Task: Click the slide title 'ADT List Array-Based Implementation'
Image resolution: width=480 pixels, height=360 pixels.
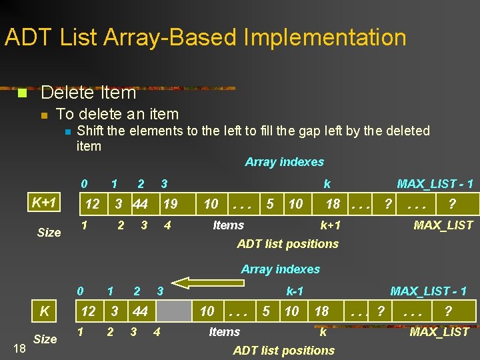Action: pyautogui.click(x=205, y=37)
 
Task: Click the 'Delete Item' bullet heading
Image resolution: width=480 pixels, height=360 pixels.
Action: pyautogui.click(x=89, y=93)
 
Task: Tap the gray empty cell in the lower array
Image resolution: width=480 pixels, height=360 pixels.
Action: pyautogui.click(x=173, y=311)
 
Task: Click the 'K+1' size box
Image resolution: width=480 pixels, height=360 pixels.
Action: pyautogui.click(x=45, y=202)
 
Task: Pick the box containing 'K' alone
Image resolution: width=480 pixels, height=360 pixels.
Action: pyautogui.click(x=45, y=311)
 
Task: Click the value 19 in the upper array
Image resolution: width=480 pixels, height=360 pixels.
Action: pyautogui.click(x=171, y=204)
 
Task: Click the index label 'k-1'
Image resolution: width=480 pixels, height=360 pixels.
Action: pyautogui.click(x=295, y=291)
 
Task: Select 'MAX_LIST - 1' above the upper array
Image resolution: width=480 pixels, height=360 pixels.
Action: pyautogui.click(x=435, y=184)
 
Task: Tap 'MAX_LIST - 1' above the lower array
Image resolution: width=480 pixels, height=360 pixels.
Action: pyautogui.click(x=428, y=291)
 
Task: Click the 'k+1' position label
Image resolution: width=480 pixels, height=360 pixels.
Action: pyautogui.click(x=330, y=225)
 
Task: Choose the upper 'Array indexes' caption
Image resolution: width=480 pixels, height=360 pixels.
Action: pyautogui.click(x=284, y=162)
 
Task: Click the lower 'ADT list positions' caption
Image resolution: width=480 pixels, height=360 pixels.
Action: pyautogui.click(x=284, y=351)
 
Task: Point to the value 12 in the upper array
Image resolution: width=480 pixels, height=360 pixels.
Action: pyautogui.click(x=93, y=204)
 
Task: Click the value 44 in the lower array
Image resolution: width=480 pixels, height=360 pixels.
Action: pyautogui.click(x=140, y=311)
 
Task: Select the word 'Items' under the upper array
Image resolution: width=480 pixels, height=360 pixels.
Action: pyautogui.click(x=228, y=225)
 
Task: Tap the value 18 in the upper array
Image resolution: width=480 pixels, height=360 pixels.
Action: pyautogui.click(x=333, y=204)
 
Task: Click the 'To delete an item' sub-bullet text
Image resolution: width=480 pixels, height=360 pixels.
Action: pyautogui.click(x=118, y=115)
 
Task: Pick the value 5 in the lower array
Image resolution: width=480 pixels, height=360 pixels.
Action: pyautogui.click(x=266, y=311)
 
